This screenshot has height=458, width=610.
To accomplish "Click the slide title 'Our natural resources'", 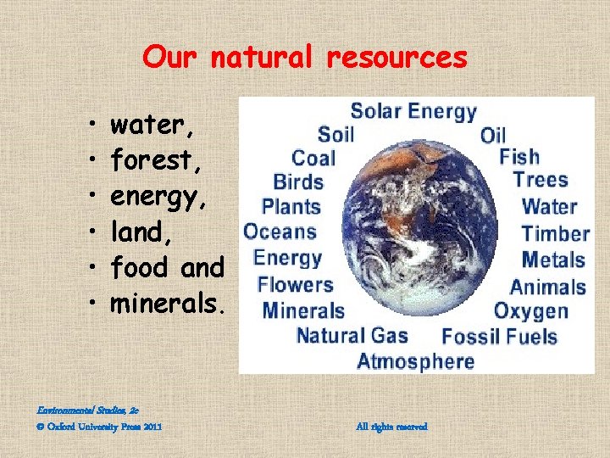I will pyautogui.click(x=305, y=57).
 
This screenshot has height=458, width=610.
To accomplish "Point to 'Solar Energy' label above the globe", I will pyautogui.click(x=413, y=111).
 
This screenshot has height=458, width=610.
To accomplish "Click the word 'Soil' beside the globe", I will pyautogui.click(x=335, y=134).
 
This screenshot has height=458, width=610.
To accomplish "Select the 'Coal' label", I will pyautogui.click(x=313, y=158).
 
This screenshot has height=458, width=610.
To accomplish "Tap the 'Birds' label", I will pyautogui.click(x=298, y=182).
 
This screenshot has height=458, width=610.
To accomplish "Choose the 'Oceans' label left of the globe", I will pyautogui.click(x=280, y=232).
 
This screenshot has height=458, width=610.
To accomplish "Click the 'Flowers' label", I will pyautogui.click(x=295, y=284).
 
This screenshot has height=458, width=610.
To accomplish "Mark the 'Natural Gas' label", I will pyautogui.click(x=352, y=335).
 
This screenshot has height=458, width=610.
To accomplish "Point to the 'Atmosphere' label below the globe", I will pyautogui.click(x=415, y=361).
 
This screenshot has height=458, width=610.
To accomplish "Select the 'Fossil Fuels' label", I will pyautogui.click(x=499, y=336).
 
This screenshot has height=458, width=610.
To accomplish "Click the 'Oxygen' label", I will pyautogui.click(x=531, y=310).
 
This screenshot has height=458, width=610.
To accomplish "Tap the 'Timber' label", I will pyautogui.click(x=555, y=233).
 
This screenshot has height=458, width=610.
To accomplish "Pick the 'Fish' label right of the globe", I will pyautogui.click(x=518, y=157).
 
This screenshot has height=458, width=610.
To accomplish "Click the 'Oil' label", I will pyautogui.click(x=492, y=135).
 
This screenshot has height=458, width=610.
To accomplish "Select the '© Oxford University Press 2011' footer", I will pyautogui.click(x=99, y=427).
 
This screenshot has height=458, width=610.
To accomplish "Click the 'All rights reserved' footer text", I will pyautogui.click(x=392, y=427).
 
